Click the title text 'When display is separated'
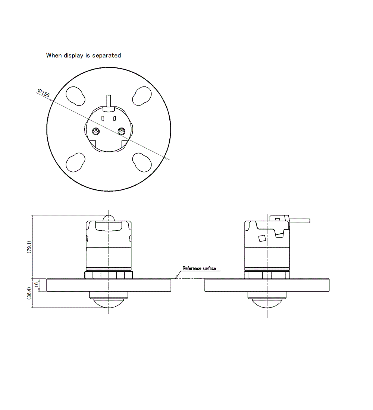(x=84, y=56)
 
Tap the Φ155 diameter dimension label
(x=43, y=93)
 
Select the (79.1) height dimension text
(x=29, y=247)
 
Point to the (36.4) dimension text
(x=29, y=293)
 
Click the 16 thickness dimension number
(x=37, y=284)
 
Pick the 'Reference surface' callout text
(x=199, y=268)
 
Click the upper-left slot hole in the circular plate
(x=75, y=96)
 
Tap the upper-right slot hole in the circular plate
(x=142, y=96)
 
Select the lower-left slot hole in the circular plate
(x=75, y=163)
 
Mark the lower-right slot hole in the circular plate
(x=142, y=163)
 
